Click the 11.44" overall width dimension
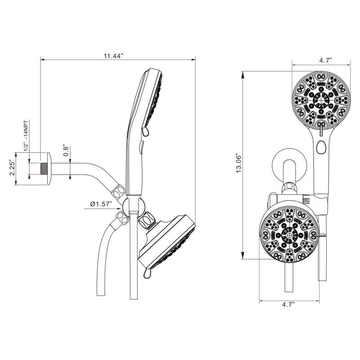(x=113, y=56)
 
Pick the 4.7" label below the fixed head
(x=288, y=305)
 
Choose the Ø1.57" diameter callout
(x=100, y=204)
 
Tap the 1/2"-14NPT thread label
(x=26, y=134)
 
